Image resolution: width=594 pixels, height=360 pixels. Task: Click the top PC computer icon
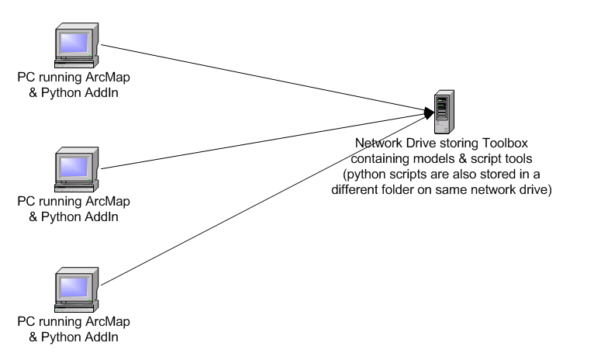pyautogui.click(x=77, y=45)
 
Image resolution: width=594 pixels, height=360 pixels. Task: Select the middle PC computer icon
pyautogui.click(x=77, y=169)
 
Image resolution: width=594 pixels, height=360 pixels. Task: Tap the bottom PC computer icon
pyautogui.click(x=77, y=290)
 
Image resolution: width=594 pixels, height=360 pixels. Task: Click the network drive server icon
pyautogui.click(x=444, y=112)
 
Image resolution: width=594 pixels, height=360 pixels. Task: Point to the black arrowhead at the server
pyautogui.click(x=429, y=113)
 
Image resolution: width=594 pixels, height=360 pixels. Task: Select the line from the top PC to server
pyautogui.click(x=263, y=78)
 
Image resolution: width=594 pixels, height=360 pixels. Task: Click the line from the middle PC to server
pyautogui.click(x=263, y=141)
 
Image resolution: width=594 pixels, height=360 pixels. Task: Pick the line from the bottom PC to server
pyautogui.click(x=264, y=200)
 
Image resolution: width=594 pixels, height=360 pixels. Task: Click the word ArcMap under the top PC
pyautogui.click(x=108, y=78)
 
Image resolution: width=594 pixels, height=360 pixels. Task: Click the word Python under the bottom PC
pyautogui.click(x=60, y=337)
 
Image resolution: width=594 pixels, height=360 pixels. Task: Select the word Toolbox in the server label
pyautogui.click(x=505, y=144)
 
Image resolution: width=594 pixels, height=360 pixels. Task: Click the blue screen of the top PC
pyautogui.click(x=74, y=43)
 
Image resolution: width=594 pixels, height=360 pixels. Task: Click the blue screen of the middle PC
pyautogui.click(x=74, y=167)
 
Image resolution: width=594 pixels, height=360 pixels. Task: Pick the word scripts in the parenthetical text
pyautogui.click(x=409, y=175)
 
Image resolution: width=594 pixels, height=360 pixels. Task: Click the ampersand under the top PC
pyautogui.click(x=33, y=93)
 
